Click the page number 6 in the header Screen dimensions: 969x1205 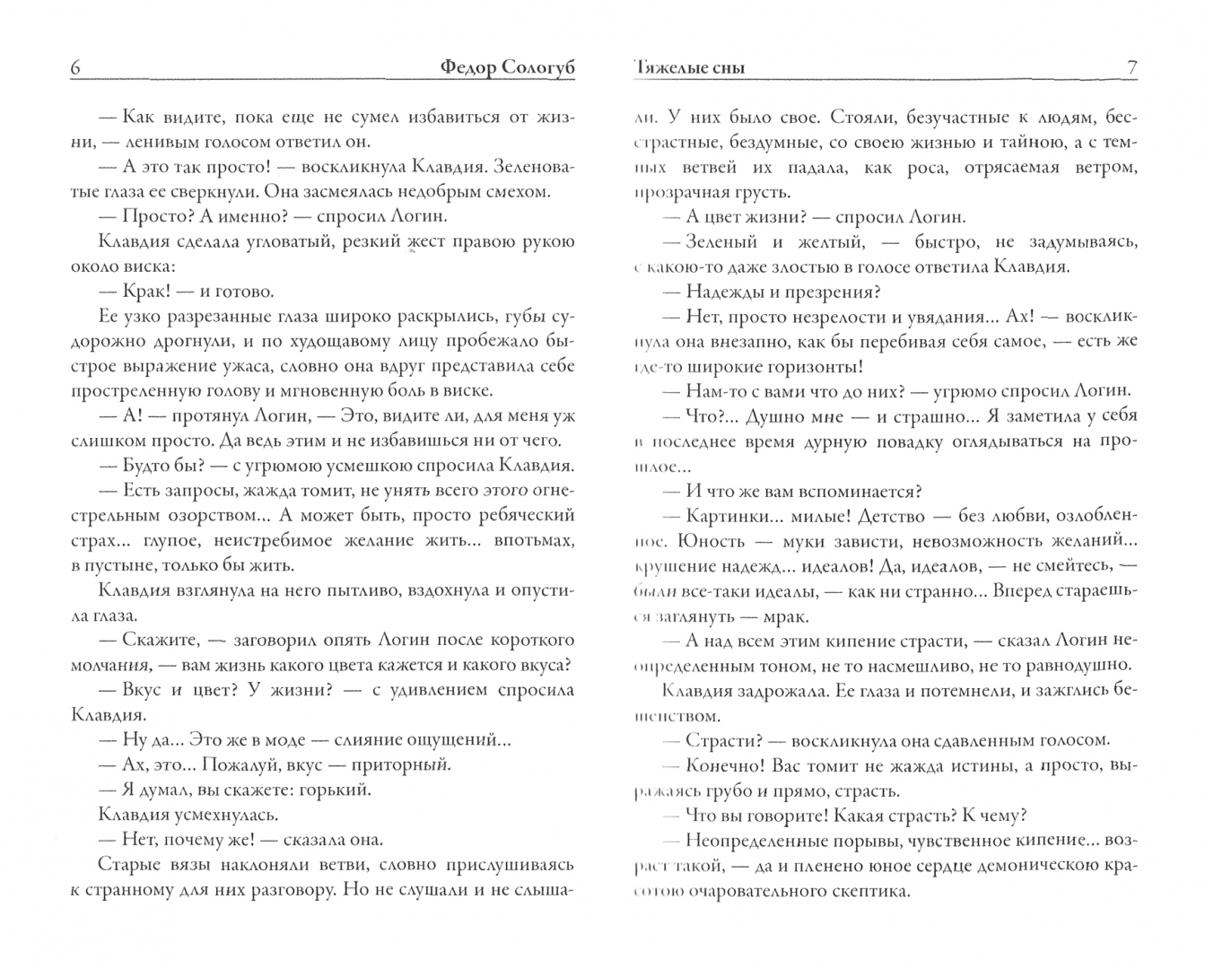coord(75,68)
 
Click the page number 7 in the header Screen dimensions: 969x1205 coord(1131,68)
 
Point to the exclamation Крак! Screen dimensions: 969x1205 coord(147,292)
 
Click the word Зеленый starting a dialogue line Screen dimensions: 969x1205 coord(723,242)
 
